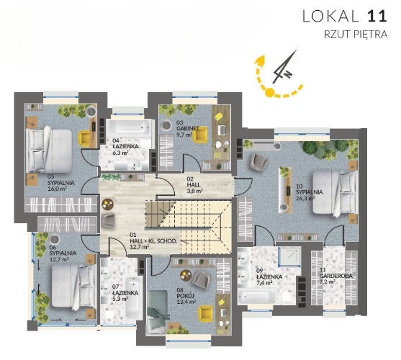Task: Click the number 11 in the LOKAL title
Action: (377, 16)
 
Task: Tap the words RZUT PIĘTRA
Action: (356, 35)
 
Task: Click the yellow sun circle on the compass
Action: (270, 92)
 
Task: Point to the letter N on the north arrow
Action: (288, 74)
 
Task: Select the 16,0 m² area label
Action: (57, 189)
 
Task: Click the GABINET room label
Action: (187, 128)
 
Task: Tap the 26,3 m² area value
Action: (305, 198)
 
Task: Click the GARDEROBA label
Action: (335, 276)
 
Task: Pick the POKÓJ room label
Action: (186, 296)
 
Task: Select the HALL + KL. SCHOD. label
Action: (153, 241)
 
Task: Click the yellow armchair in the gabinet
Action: (199, 135)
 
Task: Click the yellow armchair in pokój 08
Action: (206, 314)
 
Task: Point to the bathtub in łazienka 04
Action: (128, 128)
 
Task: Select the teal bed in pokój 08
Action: (157, 312)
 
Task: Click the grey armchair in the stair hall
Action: (108, 220)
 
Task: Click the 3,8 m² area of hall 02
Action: (194, 191)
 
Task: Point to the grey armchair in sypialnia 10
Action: (259, 162)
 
